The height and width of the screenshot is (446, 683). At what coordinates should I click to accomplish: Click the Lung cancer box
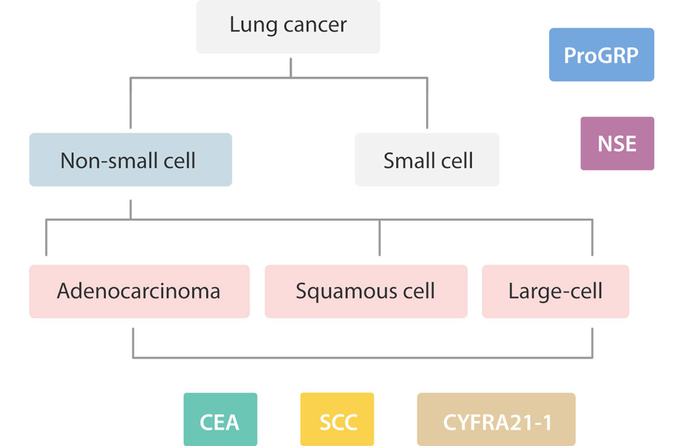288,26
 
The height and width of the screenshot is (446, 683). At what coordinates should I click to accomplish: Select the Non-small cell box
130,160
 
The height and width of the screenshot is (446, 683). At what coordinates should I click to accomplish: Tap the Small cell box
427,160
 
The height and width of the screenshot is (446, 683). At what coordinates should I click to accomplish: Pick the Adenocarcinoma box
139,292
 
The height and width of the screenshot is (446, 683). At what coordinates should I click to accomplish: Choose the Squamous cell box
366,292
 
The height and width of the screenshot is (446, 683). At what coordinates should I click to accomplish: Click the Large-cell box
555,292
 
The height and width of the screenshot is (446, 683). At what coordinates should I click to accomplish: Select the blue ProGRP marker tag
601,55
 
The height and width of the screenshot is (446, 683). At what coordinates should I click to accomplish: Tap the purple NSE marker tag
617,143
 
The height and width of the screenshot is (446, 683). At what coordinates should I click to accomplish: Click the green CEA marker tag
220,420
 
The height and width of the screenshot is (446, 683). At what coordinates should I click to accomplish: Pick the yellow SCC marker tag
337,420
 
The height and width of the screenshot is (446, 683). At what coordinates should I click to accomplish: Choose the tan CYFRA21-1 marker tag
496,420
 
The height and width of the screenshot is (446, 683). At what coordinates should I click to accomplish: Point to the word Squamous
337,292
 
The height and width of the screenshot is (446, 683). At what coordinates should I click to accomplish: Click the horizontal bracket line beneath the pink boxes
362,357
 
